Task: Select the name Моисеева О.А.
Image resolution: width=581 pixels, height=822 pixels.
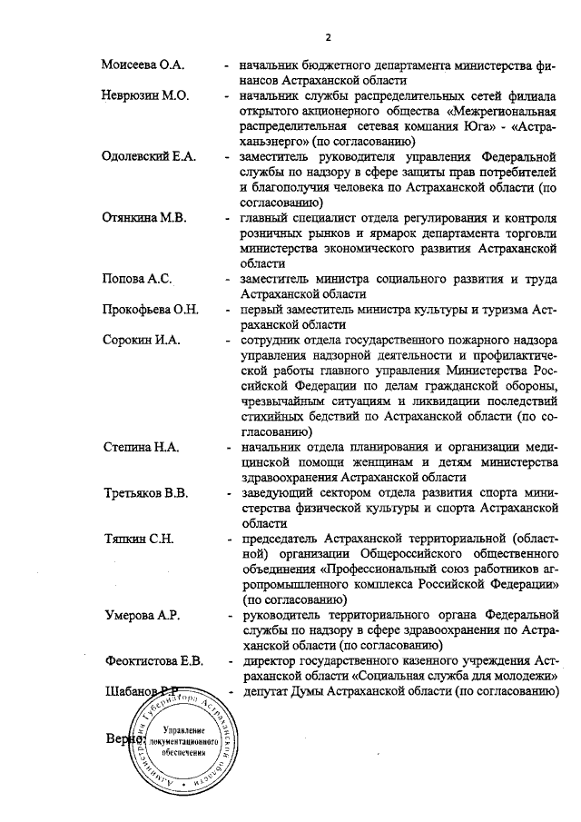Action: point(143,66)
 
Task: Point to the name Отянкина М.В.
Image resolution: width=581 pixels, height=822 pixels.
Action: point(144,219)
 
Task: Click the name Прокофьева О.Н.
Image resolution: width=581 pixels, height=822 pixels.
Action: point(150,309)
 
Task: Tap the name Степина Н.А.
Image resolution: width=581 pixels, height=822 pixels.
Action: point(143,448)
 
